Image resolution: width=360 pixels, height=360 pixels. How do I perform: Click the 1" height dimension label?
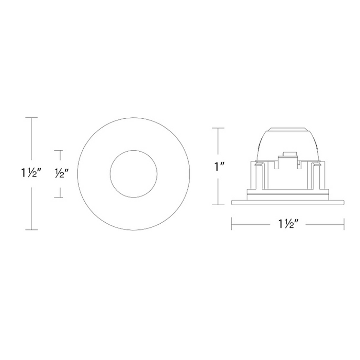(218, 167)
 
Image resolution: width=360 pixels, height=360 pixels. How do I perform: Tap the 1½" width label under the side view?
(289, 224)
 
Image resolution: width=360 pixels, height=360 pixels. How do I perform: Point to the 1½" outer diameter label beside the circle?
(31, 173)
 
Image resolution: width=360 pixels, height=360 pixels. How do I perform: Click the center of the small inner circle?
(134, 174)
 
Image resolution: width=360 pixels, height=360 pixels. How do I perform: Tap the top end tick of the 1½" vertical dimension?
(31, 118)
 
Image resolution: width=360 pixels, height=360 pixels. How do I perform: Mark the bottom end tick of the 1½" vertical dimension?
(31, 229)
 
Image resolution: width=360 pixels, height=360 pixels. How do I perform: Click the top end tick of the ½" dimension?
(58, 150)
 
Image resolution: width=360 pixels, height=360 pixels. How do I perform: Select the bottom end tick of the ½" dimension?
(58, 197)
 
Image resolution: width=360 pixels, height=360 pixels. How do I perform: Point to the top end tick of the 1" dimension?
(218, 128)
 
